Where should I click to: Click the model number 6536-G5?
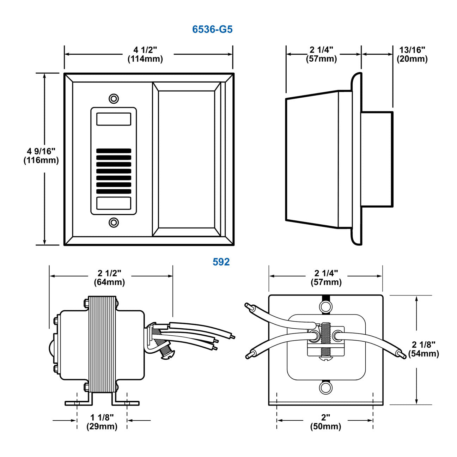212,29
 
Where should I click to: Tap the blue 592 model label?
221,262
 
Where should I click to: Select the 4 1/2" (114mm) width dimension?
145,54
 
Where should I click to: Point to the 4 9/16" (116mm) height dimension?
41,156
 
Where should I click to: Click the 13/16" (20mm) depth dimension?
412,54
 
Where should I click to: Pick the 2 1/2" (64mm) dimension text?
109,278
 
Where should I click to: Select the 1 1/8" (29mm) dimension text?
102,422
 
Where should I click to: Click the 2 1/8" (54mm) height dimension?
424,349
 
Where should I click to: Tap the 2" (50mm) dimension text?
325,422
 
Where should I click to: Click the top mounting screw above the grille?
114,98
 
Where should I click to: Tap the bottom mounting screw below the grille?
114,223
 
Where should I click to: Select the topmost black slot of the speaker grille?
114,151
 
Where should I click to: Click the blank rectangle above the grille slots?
114,119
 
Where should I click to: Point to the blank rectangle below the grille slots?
114,203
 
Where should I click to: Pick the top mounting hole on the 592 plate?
325,306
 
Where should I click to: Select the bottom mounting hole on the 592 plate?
325,388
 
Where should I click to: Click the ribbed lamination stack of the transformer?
102,344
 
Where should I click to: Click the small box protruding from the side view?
377,159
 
